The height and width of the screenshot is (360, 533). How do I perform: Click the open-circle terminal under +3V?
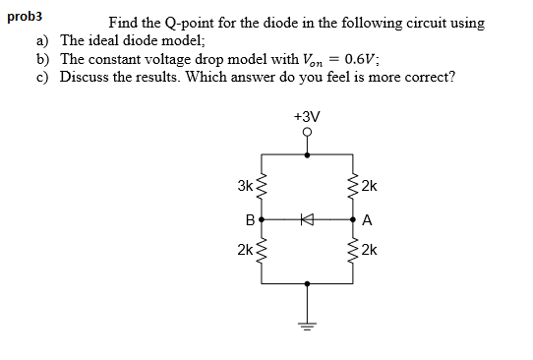coord(307,133)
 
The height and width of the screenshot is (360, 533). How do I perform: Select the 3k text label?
coord(245,185)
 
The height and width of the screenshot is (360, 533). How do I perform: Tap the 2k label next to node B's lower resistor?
coord(245,251)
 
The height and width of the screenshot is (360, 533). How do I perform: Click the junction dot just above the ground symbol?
coord(307,284)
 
